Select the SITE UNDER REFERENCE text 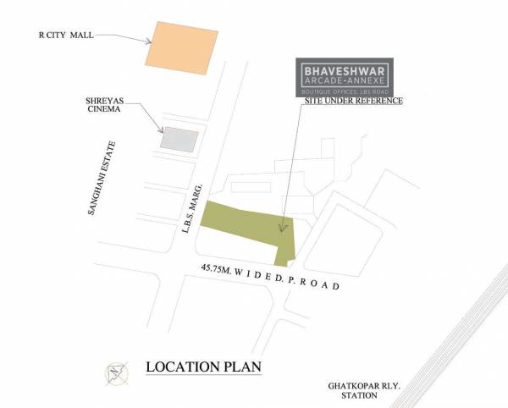point(353,102)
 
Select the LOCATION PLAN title point(204,367)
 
